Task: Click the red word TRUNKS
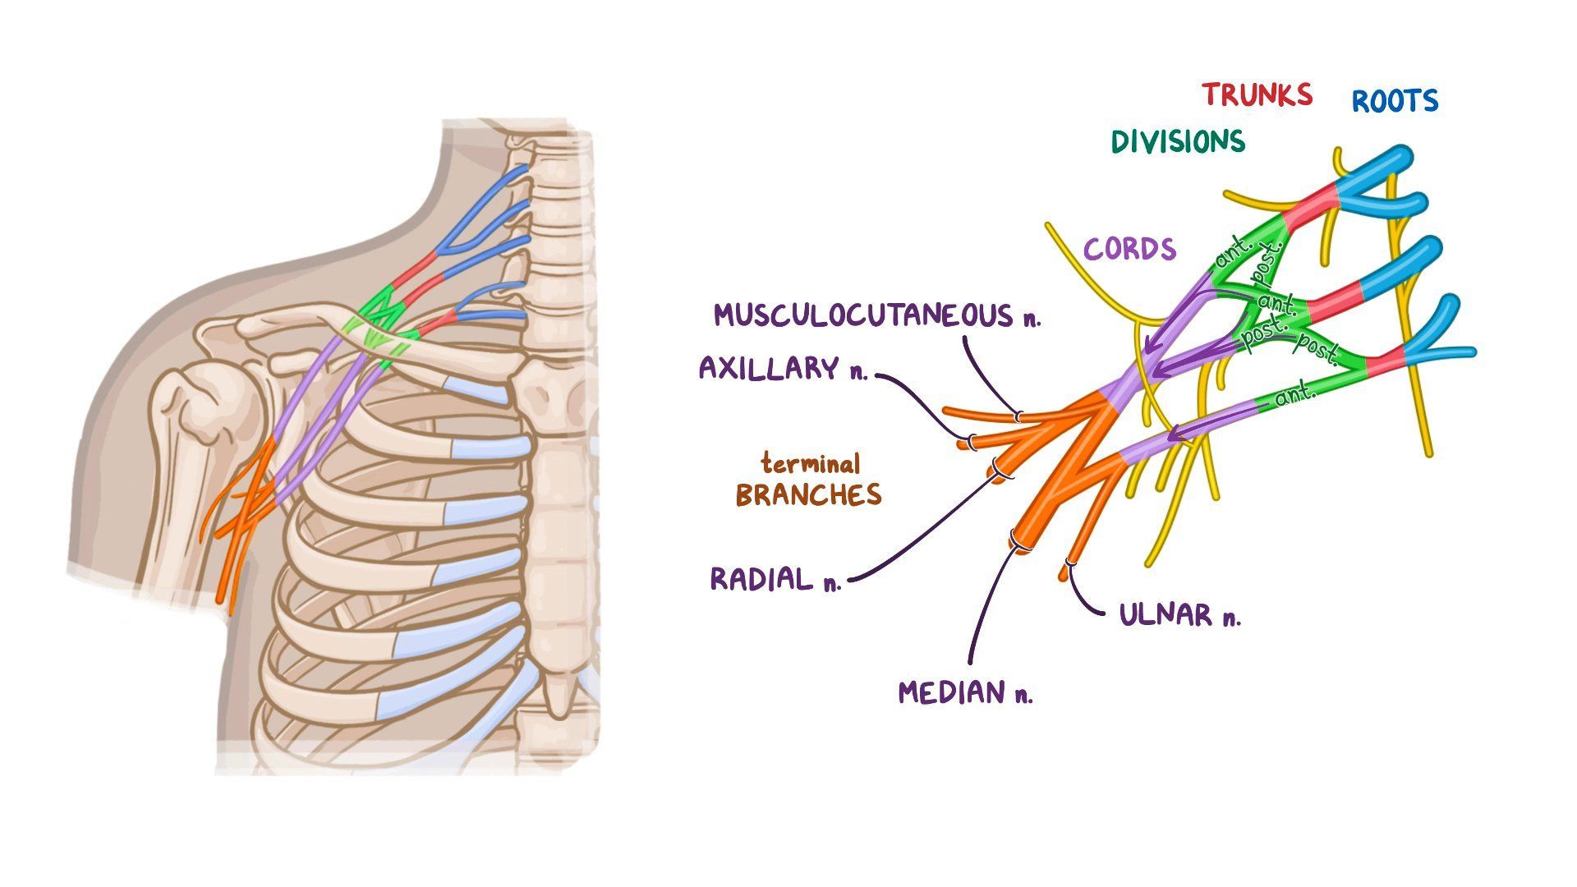[x=1257, y=95]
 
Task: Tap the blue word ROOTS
[x=1395, y=102]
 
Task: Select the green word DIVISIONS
[x=1178, y=142]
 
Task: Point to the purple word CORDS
[x=1129, y=249]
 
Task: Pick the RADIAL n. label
[x=775, y=579]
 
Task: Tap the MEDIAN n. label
[x=965, y=692]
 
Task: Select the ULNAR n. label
[x=1179, y=614]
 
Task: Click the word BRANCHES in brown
[x=808, y=494]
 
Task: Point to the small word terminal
[x=810, y=464]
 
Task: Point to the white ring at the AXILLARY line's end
[x=972, y=442]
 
